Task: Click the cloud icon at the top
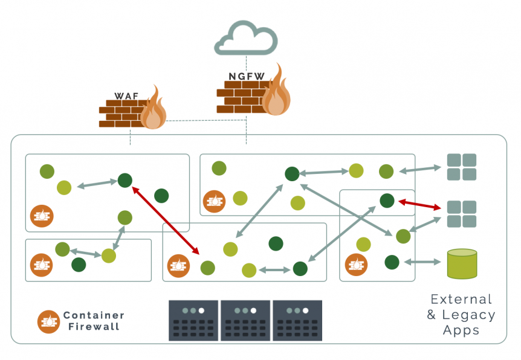pos(246,39)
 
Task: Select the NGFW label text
pos(244,77)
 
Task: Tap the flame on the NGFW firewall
pos(276,92)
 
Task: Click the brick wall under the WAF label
pos(121,113)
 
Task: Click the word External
pos(461,299)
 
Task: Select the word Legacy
pos(468,315)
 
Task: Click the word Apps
pos(461,330)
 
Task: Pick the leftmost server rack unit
pos(193,321)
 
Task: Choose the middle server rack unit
pos(245,321)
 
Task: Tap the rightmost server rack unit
pos(297,321)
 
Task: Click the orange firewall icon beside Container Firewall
pos(48,321)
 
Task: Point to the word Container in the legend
pos(94,315)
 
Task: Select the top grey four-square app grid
pos(461,167)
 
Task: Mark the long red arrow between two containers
pos(166,220)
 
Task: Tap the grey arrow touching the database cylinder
pos(422,262)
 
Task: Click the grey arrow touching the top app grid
pos(419,170)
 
